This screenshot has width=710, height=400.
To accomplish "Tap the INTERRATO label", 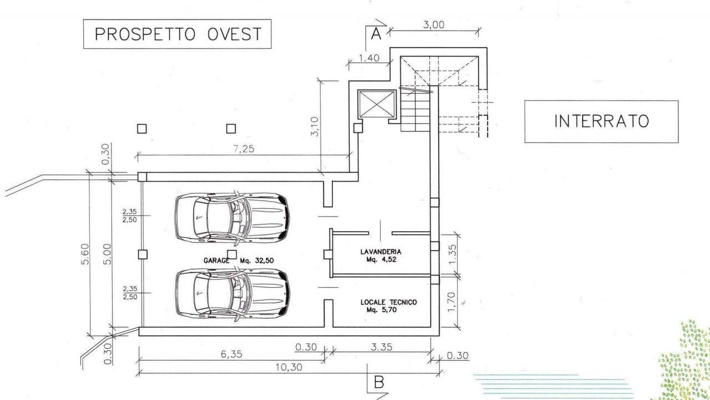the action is click(602, 121).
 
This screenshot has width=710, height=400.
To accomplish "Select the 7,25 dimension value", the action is click(244, 148).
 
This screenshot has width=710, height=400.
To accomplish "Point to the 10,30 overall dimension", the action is click(289, 367).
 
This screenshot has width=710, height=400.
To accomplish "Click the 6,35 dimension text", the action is click(231, 354).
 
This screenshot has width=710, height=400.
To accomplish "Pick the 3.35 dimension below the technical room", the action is click(382, 347).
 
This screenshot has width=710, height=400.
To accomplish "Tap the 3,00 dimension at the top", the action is click(434, 25).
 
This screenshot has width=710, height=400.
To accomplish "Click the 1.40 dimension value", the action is click(369, 58).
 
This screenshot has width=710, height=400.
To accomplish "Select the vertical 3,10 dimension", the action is click(315, 126).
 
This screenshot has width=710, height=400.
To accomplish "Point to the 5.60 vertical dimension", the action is click(85, 254).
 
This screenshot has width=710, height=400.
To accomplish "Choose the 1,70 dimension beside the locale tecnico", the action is click(452, 302).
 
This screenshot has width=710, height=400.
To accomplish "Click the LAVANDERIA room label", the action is click(381, 252).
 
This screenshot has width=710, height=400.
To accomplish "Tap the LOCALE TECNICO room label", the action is click(389, 302).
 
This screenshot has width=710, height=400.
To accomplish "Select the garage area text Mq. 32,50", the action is click(257, 261).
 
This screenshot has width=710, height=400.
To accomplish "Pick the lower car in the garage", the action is click(232, 294).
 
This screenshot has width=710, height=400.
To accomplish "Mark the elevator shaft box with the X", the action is click(377, 104).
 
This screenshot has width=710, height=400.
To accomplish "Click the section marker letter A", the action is click(376, 33).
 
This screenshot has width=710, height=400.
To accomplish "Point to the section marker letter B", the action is click(379, 383).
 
